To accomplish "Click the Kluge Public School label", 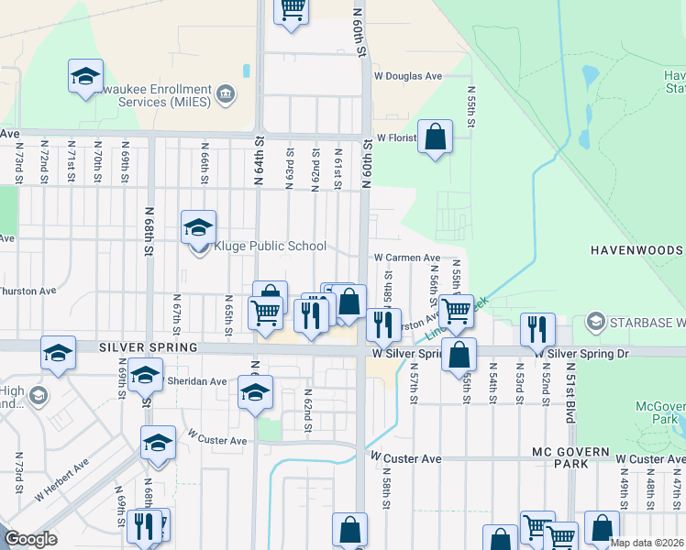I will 270,246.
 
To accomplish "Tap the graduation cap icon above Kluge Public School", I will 198,226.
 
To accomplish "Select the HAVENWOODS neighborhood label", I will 636,250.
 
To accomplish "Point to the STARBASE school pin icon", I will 596,322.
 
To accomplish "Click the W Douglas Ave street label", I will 408,76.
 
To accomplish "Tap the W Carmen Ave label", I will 406,258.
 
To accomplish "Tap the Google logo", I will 30,540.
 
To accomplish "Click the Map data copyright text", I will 647,543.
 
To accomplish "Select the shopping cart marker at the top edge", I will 292,8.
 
